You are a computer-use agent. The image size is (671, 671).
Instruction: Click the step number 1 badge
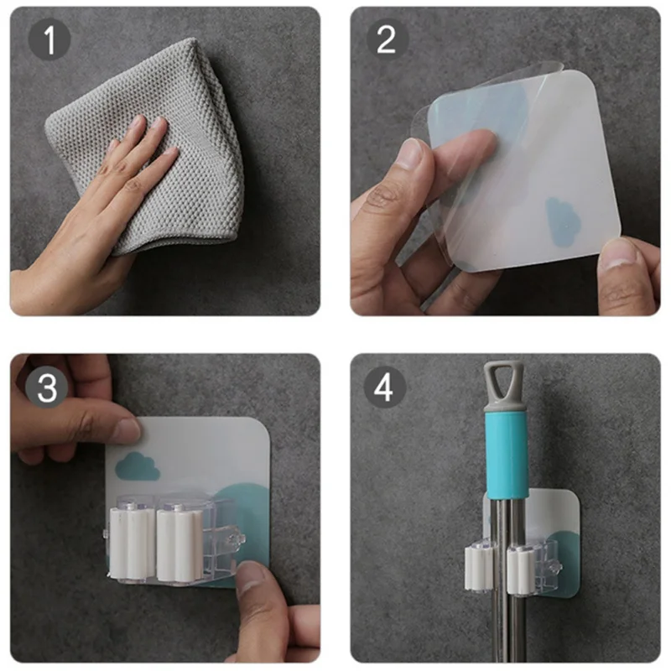point(49,39)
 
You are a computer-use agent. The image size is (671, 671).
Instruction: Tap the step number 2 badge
point(388,39)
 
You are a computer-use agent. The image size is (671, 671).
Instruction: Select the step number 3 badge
point(47,387)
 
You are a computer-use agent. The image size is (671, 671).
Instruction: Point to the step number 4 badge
point(385,388)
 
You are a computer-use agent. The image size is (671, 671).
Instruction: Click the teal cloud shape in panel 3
point(138,466)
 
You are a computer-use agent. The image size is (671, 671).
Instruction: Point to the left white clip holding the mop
point(480,569)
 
